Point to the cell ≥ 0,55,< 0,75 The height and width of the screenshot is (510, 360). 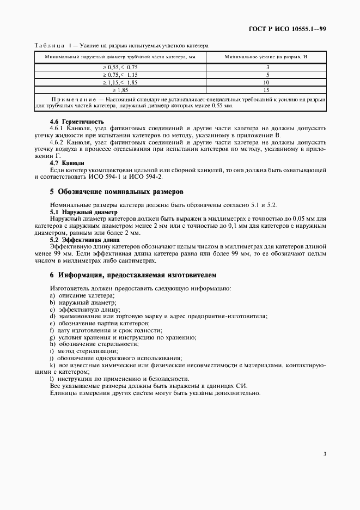coord(120,66)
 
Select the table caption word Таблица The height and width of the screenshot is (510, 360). coord(50,46)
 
